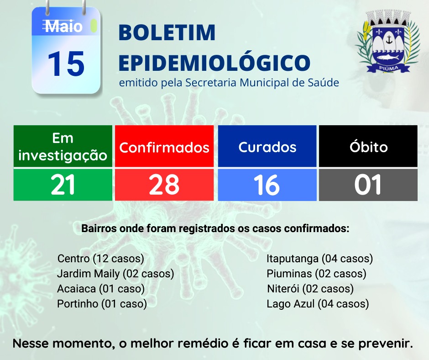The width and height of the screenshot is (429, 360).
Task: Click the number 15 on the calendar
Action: click(x=66, y=64)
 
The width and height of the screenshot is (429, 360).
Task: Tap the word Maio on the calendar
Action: click(x=64, y=26)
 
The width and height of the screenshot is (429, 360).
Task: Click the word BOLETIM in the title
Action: click(x=167, y=32)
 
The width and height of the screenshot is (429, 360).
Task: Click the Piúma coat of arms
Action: click(x=388, y=42)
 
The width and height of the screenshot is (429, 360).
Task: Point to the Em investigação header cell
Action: click(x=63, y=146)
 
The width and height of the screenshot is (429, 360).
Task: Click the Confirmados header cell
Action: click(x=164, y=146)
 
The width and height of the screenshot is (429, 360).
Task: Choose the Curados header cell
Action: click(x=267, y=146)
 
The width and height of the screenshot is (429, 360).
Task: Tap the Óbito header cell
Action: click(x=368, y=146)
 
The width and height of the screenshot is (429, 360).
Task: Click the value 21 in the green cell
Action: click(x=63, y=185)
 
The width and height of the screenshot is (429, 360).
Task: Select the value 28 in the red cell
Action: click(x=164, y=185)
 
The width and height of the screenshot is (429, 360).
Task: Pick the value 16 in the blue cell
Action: click(x=267, y=185)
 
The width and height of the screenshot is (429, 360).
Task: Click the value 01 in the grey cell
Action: click(x=368, y=185)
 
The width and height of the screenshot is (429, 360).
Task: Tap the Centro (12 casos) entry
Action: click(x=101, y=259)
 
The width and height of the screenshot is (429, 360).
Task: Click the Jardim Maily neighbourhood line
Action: click(x=115, y=274)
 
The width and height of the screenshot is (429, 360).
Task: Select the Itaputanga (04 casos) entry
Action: click(x=319, y=259)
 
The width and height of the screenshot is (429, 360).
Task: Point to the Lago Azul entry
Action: click(x=318, y=304)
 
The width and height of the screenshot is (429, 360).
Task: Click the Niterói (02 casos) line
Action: click(x=310, y=289)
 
